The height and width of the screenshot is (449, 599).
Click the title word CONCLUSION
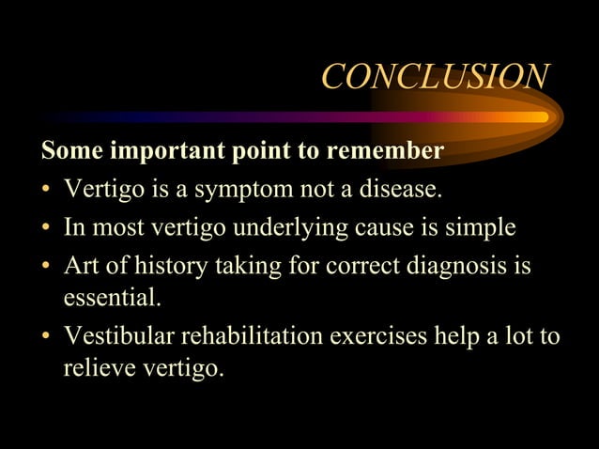435,77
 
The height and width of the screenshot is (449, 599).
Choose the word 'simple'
478,228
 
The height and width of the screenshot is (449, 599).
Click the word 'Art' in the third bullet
78,267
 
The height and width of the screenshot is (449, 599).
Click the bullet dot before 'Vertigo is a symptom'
45,191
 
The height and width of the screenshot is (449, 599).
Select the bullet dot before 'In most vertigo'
45,229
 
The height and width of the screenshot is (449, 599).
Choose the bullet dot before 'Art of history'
45,268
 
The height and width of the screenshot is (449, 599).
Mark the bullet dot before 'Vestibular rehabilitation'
45,338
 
